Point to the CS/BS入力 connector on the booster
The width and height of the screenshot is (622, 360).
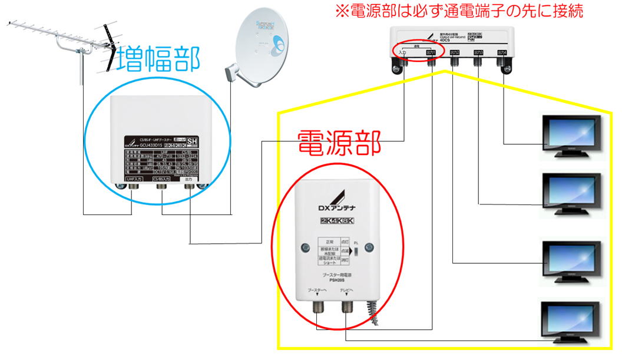click(x=161, y=187)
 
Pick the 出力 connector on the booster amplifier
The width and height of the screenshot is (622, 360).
click(x=189, y=187)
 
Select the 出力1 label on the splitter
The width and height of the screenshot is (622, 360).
click(x=431, y=52)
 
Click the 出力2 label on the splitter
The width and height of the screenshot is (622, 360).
click(x=454, y=52)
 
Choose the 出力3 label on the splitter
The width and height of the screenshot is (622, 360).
click(x=478, y=52)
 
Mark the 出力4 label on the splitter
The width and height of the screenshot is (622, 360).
click(x=502, y=52)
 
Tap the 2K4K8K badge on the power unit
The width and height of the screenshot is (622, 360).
click(x=338, y=221)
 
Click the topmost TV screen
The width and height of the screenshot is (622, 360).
click(x=570, y=133)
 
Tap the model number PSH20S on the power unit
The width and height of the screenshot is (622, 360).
click(x=337, y=280)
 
